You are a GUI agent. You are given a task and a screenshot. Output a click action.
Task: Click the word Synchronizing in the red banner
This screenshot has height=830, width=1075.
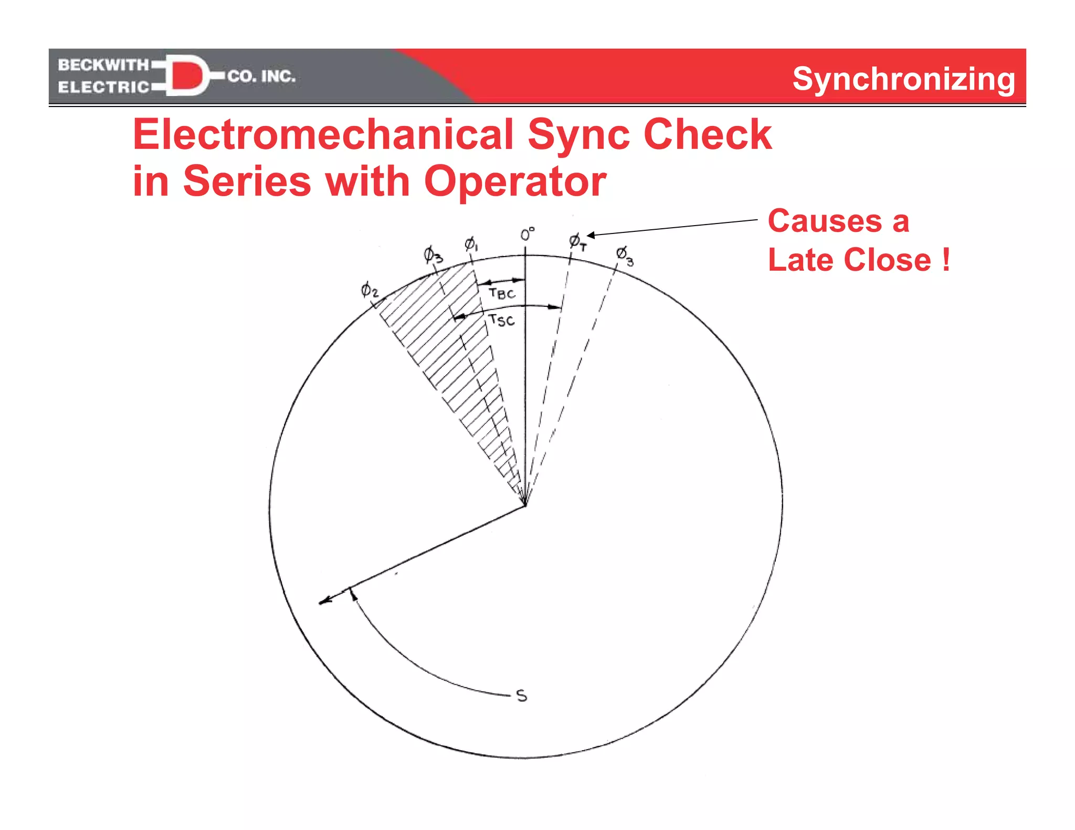[x=903, y=79]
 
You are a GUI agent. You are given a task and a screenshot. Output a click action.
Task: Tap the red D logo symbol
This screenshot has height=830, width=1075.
[x=187, y=76]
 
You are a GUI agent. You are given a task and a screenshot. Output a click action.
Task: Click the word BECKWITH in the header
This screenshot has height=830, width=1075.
[x=103, y=65]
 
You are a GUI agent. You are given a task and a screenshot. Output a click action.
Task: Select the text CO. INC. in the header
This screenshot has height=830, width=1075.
[x=261, y=77]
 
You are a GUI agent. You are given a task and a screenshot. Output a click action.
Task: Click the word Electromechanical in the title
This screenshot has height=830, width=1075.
[x=323, y=135]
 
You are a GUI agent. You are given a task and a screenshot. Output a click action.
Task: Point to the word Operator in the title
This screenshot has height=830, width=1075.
[x=515, y=182]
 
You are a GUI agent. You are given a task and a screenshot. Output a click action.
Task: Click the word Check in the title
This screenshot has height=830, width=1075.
[x=707, y=135]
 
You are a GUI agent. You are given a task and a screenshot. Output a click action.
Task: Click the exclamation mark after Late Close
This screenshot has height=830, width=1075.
[x=946, y=260]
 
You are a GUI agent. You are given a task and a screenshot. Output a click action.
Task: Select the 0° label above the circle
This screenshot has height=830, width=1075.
[x=527, y=234]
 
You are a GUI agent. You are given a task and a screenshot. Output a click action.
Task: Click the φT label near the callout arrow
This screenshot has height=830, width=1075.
[x=577, y=242]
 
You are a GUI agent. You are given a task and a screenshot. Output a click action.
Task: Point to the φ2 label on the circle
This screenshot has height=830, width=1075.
[x=369, y=290]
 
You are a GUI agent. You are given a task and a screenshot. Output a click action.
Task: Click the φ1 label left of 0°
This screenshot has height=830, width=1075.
[x=470, y=244]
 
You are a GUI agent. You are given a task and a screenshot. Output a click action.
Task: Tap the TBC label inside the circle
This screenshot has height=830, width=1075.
[x=502, y=293]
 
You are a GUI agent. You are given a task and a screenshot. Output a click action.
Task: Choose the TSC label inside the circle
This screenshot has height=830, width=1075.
[x=501, y=320]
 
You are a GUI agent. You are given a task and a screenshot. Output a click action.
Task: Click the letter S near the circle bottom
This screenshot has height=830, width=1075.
[x=521, y=696]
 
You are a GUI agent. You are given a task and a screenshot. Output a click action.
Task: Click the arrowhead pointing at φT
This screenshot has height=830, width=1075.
[x=590, y=235]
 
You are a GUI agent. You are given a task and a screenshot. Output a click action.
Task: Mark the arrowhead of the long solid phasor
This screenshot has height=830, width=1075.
[x=324, y=601]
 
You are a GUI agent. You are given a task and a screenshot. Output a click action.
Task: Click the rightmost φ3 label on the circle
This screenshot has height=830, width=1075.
[x=624, y=256]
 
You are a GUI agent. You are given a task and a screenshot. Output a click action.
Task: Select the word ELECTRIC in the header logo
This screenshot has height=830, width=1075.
[x=103, y=87]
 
